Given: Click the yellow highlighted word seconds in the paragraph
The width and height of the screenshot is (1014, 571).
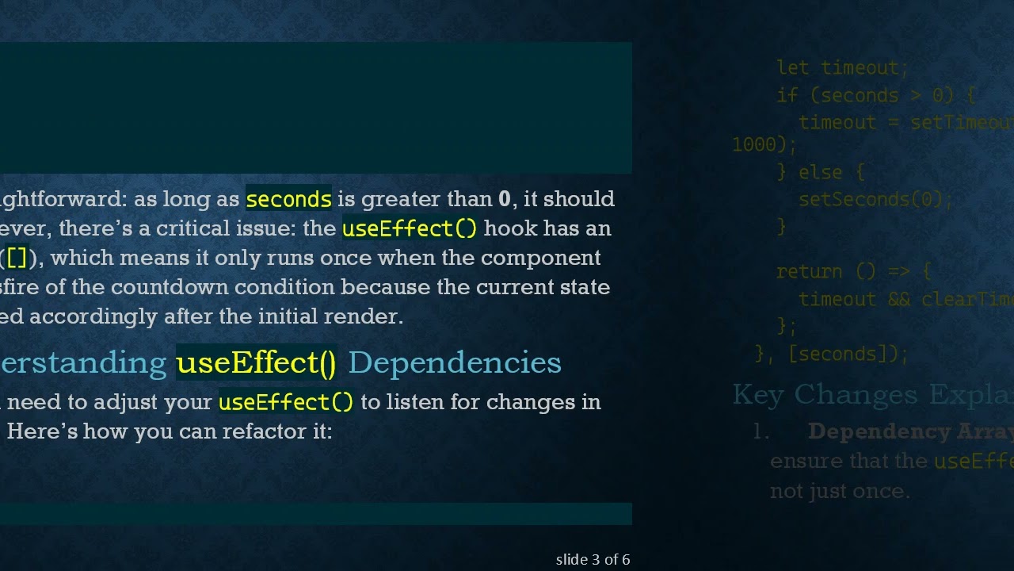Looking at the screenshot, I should pos(288,199).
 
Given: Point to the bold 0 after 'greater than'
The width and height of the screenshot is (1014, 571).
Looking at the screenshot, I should pos(505,199).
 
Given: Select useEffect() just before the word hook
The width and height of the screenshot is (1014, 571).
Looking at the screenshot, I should pos(410,228).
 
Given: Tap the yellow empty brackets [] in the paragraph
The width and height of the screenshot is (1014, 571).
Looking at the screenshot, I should pos(17,258).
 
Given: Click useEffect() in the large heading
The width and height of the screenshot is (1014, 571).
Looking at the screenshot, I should pos(256,362).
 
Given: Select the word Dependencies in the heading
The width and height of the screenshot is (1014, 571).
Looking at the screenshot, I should pos(454,362).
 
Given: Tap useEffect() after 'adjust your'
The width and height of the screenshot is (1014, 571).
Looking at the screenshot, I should pos(286,402).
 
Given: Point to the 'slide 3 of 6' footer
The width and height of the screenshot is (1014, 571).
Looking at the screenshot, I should pos(593,560).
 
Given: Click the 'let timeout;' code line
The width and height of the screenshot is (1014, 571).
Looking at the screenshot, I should pos(842,68).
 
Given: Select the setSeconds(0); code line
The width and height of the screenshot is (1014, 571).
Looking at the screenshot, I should pos(875,199).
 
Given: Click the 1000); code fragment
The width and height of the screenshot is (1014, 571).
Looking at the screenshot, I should pos(764,144).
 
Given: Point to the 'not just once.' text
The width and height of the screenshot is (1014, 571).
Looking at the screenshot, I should pos(840,491).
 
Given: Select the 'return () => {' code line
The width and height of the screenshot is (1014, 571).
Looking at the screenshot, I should pos(853,271).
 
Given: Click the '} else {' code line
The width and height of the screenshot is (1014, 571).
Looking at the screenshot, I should pos(821,172).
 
